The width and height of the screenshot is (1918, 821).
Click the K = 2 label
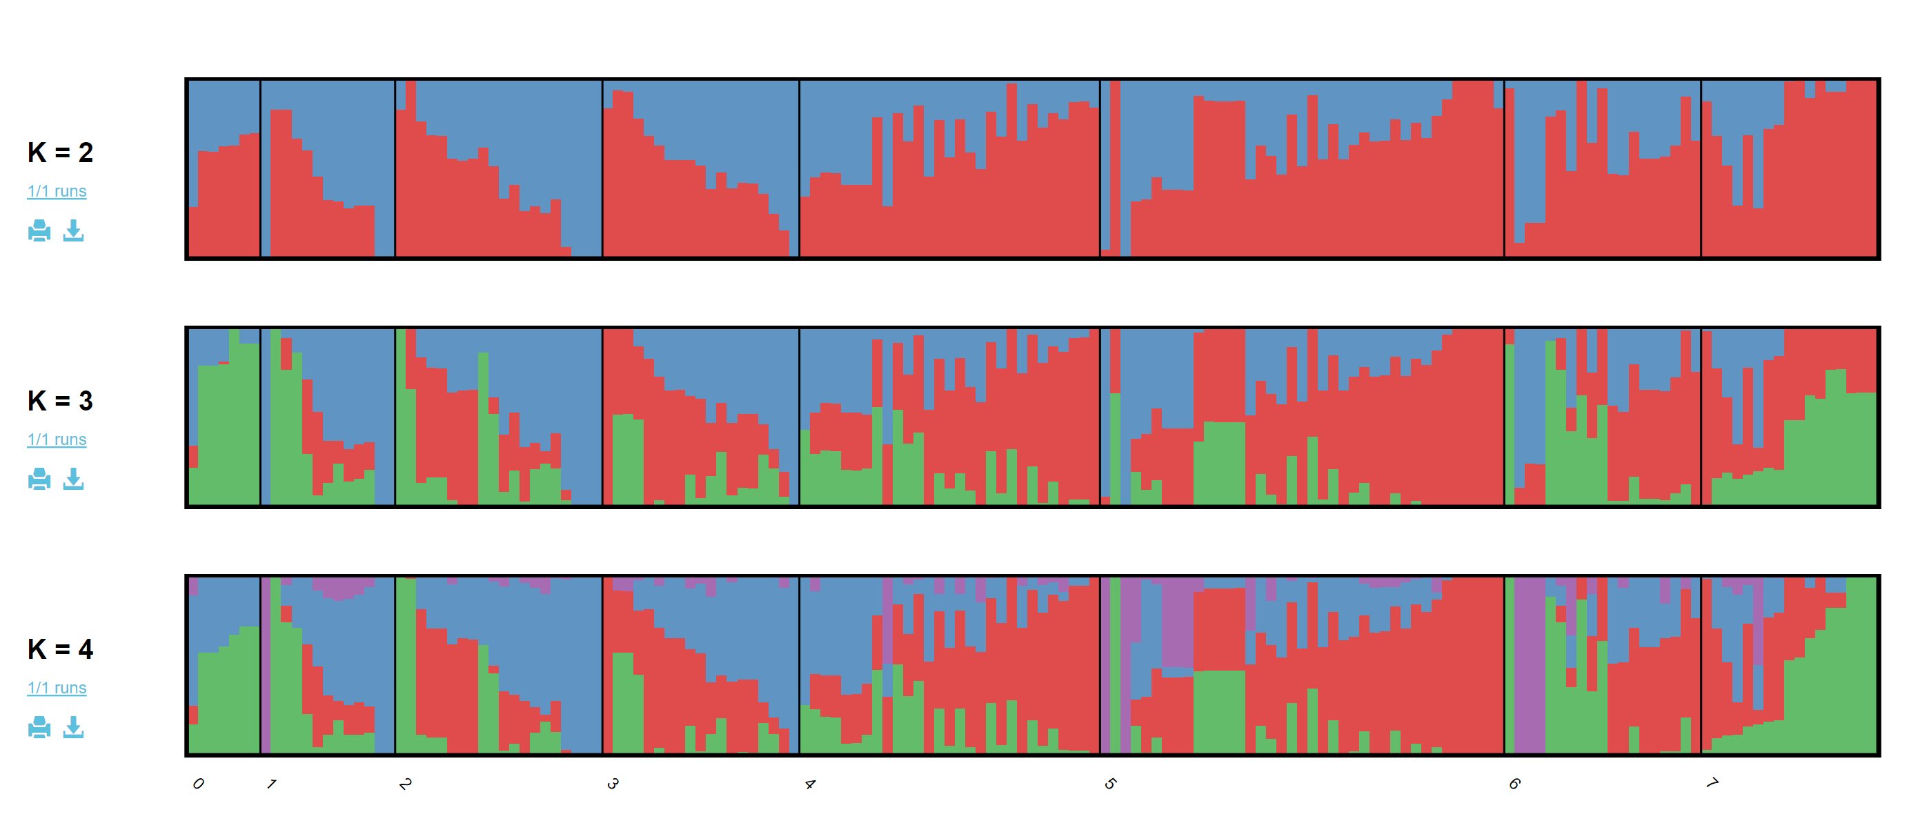point(60,152)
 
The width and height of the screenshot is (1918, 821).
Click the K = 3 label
point(60,402)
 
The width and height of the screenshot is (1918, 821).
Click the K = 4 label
point(60,650)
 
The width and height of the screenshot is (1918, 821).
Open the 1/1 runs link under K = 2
point(57,191)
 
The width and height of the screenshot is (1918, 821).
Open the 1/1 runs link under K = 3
point(57,440)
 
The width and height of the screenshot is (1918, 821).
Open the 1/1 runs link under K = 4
point(57,689)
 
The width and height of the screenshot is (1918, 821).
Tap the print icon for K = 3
point(39,479)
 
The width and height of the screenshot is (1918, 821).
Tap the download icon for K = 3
point(73,479)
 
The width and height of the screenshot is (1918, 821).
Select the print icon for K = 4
point(39,727)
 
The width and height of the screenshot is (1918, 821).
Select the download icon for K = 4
point(73,727)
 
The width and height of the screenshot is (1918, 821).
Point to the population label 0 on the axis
point(198,783)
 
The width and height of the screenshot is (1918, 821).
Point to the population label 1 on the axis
point(272,783)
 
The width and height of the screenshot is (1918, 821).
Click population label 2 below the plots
point(405,783)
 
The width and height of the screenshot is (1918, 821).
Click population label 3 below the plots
point(613,783)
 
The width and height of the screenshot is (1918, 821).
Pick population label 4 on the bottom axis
point(810,783)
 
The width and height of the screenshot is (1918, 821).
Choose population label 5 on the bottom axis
point(1110,783)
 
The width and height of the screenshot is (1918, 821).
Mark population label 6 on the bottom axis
point(1514,783)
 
